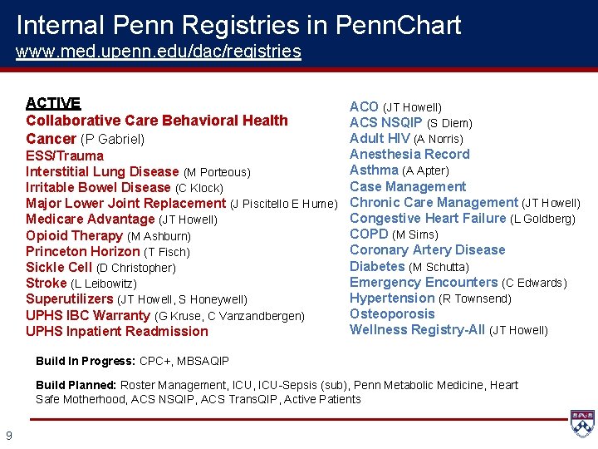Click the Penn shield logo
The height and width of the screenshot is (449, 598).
pyautogui.click(x=581, y=422)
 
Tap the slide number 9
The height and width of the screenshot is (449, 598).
pyautogui.click(x=8, y=435)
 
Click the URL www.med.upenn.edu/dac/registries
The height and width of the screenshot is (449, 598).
pyautogui.click(x=159, y=52)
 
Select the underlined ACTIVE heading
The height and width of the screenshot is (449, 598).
pyautogui.click(x=53, y=103)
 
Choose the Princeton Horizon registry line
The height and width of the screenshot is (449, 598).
pyautogui.click(x=108, y=251)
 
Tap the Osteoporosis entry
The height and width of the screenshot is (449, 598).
pyautogui.click(x=392, y=313)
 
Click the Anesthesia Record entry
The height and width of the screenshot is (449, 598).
pyautogui.click(x=409, y=154)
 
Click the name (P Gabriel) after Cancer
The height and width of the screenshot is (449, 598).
pyautogui.click(x=112, y=139)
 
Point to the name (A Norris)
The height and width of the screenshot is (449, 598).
pyautogui.click(x=439, y=139)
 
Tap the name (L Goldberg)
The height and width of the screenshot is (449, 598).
pyautogui.click(x=542, y=219)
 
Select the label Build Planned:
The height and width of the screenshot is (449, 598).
pyautogui.click(x=76, y=385)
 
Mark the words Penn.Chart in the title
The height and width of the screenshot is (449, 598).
pyautogui.click(x=398, y=25)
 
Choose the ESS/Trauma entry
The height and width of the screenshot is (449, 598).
pyautogui.click(x=65, y=155)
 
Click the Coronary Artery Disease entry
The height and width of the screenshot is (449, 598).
pyautogui.click(x=427, y=249)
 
